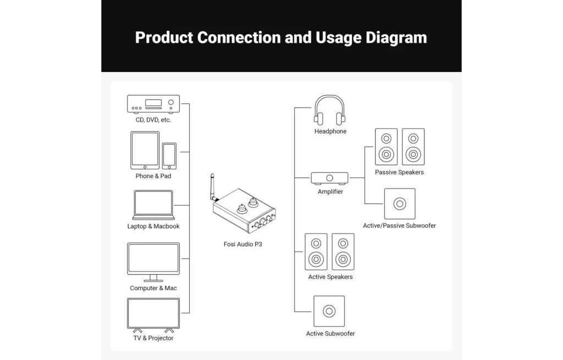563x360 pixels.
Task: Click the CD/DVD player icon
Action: click(x=153, y=103)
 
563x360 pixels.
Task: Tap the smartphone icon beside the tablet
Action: click(x=169, y=156)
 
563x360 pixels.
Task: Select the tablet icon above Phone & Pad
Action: click(x=145, y=150)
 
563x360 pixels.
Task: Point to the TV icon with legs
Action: click(x=153, y=314)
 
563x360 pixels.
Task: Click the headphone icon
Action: click(x=329, y=110)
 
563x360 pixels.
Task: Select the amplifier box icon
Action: click(x=329, y=178)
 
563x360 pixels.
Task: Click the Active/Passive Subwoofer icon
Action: click(x=400, y=204)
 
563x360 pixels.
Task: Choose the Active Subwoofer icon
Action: click(x=329, y=311)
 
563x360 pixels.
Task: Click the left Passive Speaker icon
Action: click(x=386, y=147)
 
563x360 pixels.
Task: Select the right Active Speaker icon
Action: click(x=344, y=252)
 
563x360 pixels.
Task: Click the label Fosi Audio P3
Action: click(x=242, y=244)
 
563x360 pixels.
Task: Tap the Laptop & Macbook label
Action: click(x=153, y=226)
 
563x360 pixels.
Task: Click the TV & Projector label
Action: click(x=153, y=338)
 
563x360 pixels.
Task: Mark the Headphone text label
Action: click(x=330, y=132)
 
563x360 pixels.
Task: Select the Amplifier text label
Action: click(x=330, y=192)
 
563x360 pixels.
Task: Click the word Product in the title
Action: click(x=164, y=38)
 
